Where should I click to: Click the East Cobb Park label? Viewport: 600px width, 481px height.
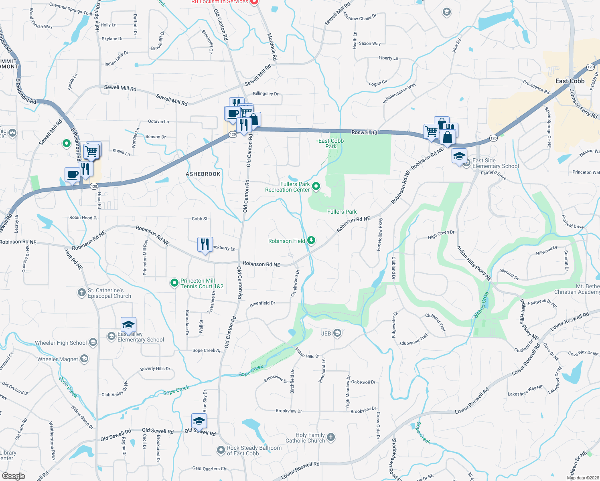click(x=331, y=143)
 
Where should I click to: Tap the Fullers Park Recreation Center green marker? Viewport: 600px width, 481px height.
click(x=316, y=186)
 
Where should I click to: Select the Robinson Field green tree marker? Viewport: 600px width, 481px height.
click(x=311, y=240)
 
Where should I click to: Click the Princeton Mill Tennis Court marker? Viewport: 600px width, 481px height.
click(x=174, y=283)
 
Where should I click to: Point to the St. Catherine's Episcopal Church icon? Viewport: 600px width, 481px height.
click(x=82, y=293)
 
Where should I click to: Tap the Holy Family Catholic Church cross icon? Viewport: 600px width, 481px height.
click(x=331, y=437)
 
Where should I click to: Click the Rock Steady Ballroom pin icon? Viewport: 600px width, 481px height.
click(x=221, y=450)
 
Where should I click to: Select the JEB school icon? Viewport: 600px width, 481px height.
click(x=337, y=333)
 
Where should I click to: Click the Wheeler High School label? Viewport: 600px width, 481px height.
click(x=61, y=343)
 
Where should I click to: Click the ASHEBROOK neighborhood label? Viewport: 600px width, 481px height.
click(x=203, y=174)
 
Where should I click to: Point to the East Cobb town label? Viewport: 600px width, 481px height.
click(x=570, y=81)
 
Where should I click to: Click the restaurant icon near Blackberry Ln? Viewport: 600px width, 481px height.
click(x=205, y=244)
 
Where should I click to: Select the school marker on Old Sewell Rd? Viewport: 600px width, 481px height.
click(x=199, y=421)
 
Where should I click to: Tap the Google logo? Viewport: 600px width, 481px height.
click(x=13, y=476)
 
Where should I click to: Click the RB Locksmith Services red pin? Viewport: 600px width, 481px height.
click(x=254, y=2)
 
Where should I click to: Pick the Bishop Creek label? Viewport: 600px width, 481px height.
click(x=481, y=305)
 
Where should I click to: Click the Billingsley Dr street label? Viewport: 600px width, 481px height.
click(x=266, y=94)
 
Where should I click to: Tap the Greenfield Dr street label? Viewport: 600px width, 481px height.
click(x=262, y=303)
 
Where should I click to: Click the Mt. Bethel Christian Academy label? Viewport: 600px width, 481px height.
click(x=578, y=289)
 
